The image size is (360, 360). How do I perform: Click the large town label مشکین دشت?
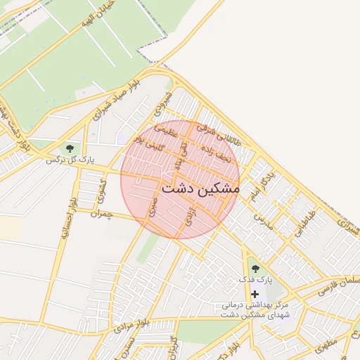click(x=200, y=189)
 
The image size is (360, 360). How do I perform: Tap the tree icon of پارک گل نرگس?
click(x=69, y=148)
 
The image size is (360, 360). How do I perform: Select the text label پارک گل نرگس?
click(x=70, y=160)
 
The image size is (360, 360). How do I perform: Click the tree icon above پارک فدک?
click(x=255, y=268)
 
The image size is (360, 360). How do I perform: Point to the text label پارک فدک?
click(x=255, y=280)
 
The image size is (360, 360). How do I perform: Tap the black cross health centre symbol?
click(x=255, y=293)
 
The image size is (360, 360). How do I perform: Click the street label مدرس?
click(x=262, y=221)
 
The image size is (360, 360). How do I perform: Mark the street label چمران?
click(x=101, y=213)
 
